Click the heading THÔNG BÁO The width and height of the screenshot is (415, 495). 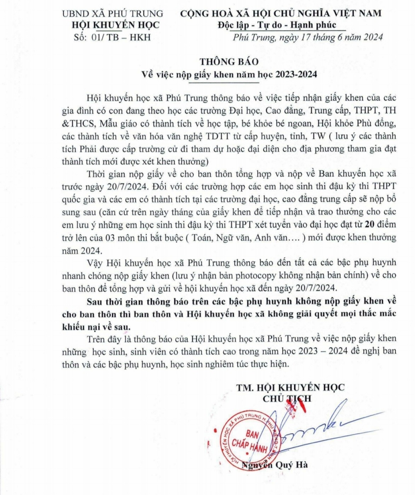click(229, 61)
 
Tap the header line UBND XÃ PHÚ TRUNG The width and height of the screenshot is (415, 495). click(113, 13)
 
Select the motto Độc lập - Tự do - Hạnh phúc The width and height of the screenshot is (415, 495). click(276, 25)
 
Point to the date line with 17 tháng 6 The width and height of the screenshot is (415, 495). click(307, 37)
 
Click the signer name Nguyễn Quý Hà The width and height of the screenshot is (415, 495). click(275, 465)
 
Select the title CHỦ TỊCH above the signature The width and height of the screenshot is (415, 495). click(287, 399)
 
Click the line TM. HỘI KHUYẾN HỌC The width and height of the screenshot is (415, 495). click(290, 387)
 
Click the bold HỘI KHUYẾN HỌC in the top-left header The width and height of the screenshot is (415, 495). click(115, 25)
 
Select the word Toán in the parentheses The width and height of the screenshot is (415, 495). click(201, 237)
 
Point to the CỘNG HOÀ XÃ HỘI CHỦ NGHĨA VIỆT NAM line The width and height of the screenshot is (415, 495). click(281, 13)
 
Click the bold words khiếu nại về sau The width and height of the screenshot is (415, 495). click(96, 326)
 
